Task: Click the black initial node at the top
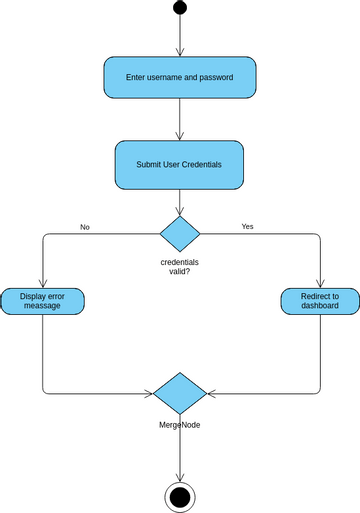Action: (x=180, y=8)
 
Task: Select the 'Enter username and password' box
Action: (x=180, y=77)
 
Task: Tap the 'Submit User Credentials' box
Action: (x=180, y=164)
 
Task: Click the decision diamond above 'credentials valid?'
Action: (x=180, y=234)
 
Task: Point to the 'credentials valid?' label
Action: (x=180, y=265)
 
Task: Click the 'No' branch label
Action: (x=85, y=227)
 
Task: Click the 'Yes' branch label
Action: (x=247, y=226)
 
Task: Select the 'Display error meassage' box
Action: (x=41, y=301)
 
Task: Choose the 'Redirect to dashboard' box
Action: (x=320, y=301)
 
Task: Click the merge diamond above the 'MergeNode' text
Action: (x=180, y=392)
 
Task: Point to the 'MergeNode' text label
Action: (x=180, y=425)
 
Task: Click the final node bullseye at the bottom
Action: (x=180, y=496)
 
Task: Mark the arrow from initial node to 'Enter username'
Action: (x=180, y=36)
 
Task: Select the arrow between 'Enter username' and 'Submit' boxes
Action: (x=180, y=120)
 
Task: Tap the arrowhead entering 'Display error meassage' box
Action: (x=42, y=284)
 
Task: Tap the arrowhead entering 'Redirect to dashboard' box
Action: (x=320, y=284)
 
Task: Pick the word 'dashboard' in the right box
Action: (x=320, y=307)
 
